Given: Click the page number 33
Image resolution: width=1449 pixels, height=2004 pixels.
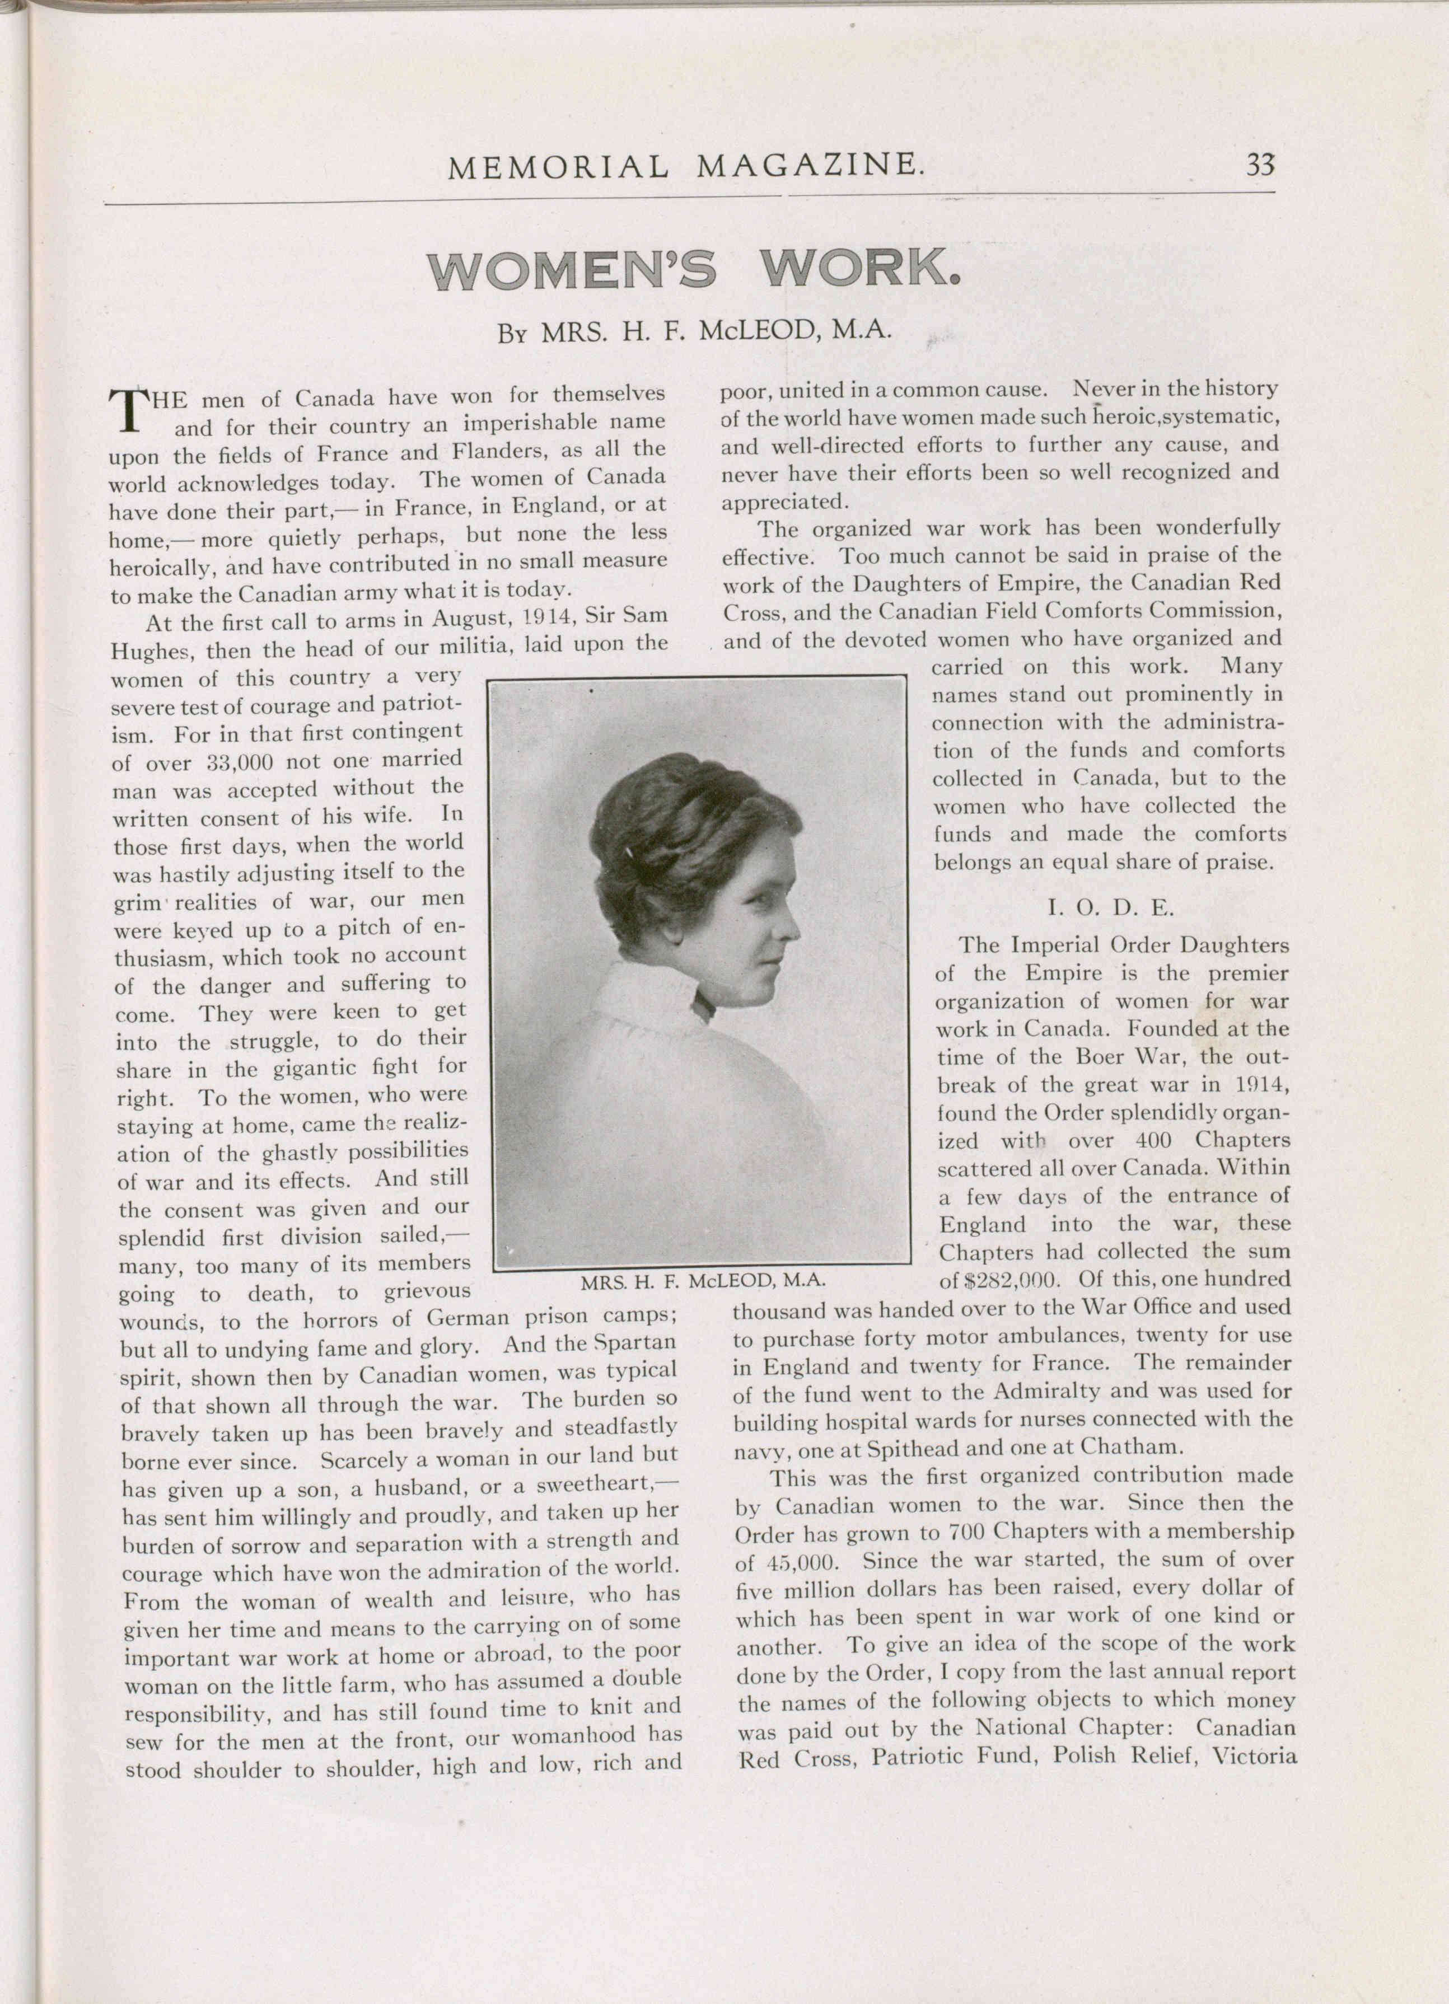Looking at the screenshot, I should (x=1260, y=165).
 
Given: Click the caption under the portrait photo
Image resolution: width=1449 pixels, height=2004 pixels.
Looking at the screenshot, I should (x=703, y=1280).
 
